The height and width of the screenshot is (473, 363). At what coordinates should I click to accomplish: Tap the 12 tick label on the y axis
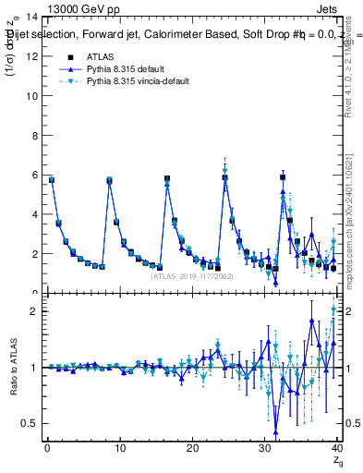[x=35, y=56]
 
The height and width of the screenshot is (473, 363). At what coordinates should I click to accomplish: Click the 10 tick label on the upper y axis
[x=35, y=96]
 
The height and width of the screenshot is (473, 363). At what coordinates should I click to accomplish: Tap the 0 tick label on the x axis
[x=46, y=449]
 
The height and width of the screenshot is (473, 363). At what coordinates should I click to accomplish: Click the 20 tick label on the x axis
[x=192, y=449]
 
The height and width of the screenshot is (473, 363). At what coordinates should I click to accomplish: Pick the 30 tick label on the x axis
[x=265, y=449]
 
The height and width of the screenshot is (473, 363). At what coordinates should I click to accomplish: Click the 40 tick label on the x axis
[x=337, y=449]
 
